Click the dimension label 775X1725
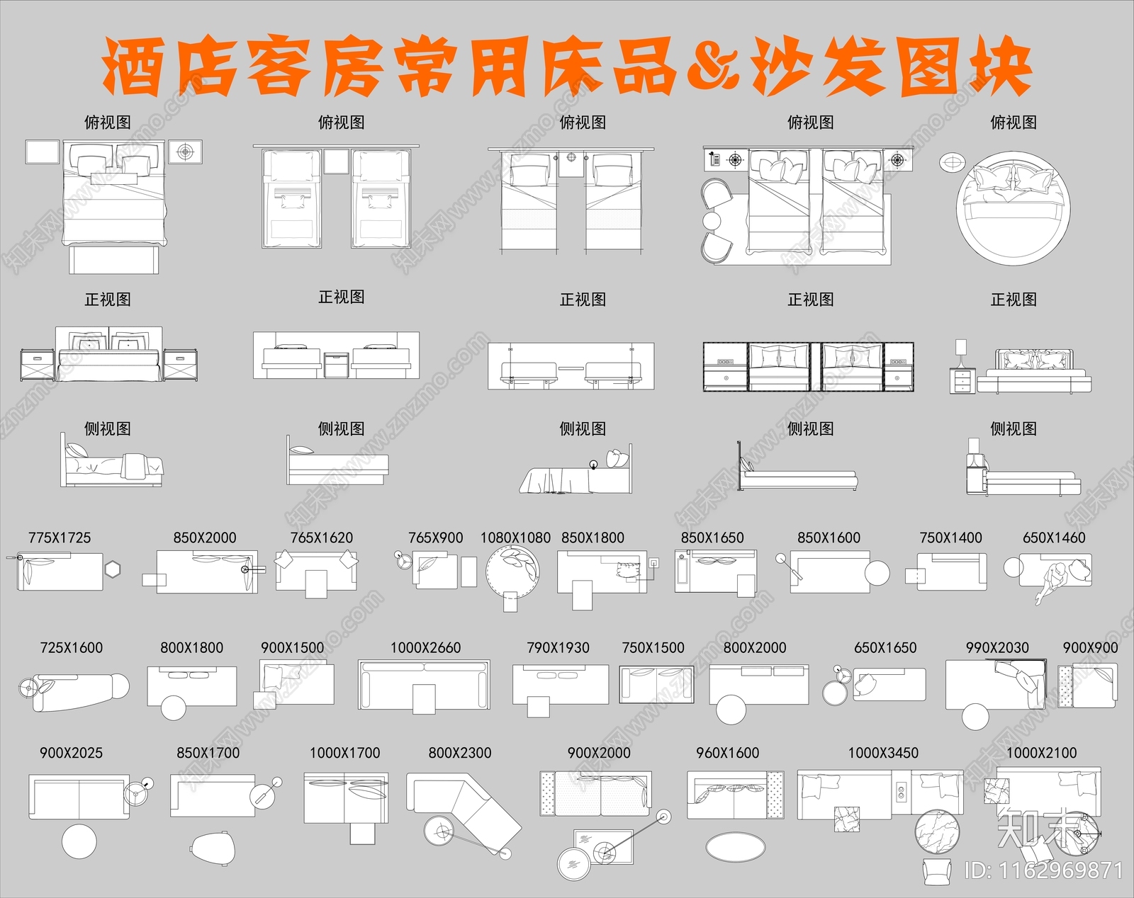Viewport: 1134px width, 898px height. point(60,538)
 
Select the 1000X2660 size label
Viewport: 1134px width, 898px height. point(425,648)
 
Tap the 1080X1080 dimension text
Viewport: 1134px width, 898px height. point(515,538)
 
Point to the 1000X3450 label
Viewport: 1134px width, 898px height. point(883,754)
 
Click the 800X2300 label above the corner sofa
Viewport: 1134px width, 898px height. point(459,754)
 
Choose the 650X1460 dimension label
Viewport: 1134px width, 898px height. point(1054,538)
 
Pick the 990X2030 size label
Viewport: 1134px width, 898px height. point(997,648)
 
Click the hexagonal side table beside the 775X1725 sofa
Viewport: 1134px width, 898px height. point(113,569)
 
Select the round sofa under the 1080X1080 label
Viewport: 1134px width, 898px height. point(512,571)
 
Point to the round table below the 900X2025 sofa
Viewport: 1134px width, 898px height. point(79,842)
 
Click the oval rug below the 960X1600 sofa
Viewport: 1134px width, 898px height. point(736,846)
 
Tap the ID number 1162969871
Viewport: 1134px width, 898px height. point(1044,870)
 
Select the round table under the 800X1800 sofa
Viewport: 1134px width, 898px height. point(173,707)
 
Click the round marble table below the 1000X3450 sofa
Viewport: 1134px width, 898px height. point(937,832)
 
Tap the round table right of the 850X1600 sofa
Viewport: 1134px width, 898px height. point(877,572)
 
